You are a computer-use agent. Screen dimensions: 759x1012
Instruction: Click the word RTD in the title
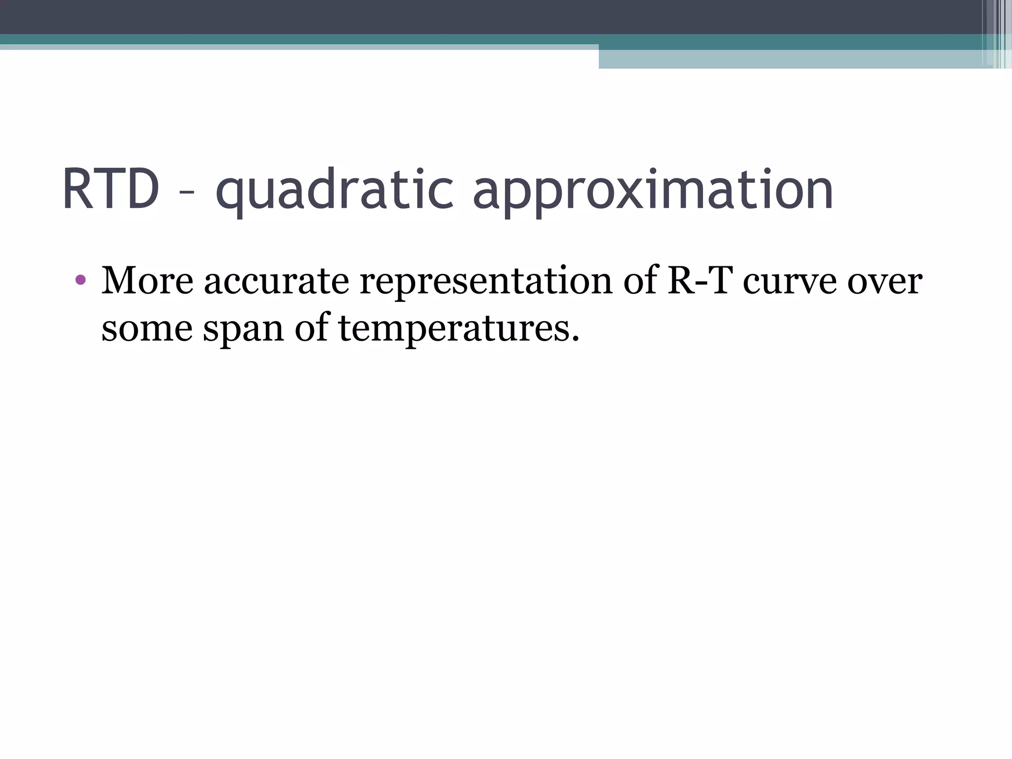coord(111,190)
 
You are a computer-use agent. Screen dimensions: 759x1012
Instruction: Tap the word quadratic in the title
coord(334,190)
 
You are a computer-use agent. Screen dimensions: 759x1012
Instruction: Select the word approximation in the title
coord(653,190)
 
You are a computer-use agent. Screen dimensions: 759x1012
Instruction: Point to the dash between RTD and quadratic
coord(187,194)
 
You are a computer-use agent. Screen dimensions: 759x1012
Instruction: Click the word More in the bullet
coord(147,281)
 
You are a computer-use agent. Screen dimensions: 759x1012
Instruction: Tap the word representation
coord(486,281)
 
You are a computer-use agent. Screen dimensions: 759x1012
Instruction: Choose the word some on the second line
coord(147,328)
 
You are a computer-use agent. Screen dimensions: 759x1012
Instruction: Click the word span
coord(243,329)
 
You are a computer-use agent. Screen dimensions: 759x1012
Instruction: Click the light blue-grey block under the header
coord(791,59)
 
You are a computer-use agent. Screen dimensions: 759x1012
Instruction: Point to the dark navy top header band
coord(494,16)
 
